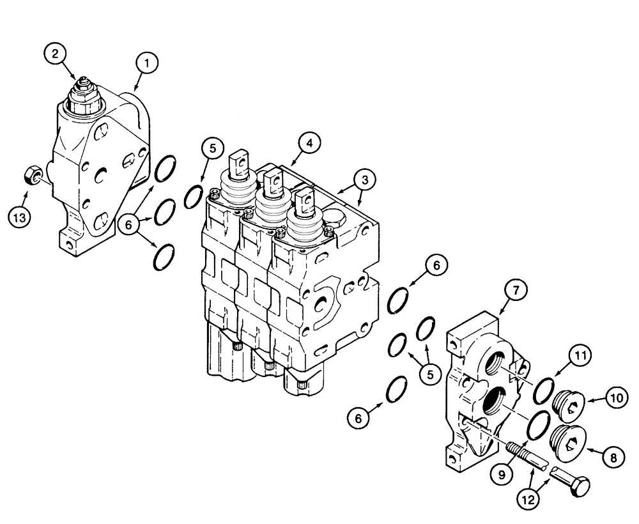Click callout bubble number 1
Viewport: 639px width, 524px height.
pyautogui.click(x=147, y=63)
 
